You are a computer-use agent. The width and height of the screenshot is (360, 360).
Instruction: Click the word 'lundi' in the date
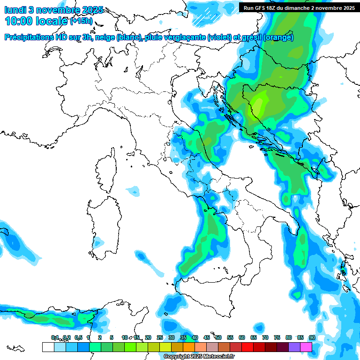pyautogui.click(x=15, y=9)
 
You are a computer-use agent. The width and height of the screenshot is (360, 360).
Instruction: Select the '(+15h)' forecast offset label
pyautogui.click(x=82, y=21)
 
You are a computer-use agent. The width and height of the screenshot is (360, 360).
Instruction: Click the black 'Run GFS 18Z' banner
pyautogui.click(x=299, y=7)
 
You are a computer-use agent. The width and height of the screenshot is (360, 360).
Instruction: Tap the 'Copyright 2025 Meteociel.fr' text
pyautogui.click(x=199, y=357)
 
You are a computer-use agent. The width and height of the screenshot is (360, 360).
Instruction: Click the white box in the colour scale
pyautogui.click(x=48, y=347)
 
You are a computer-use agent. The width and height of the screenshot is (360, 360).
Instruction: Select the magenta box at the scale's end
pyautogui.click(x=306, y=347)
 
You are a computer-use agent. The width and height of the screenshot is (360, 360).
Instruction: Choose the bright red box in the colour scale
pyautogui.click(x=247, y=347)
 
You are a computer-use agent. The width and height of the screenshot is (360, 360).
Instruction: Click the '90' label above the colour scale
pyautogui.click(x=312, y=337)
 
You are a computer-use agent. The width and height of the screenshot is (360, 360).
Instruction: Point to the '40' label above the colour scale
pyautogui.click(x=195, y=337)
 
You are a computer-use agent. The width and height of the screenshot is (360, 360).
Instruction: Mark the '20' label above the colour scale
pyautogui.click(x=148, y=337)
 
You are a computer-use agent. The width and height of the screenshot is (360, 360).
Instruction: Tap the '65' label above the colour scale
pyautogui.click(x=253, y=337)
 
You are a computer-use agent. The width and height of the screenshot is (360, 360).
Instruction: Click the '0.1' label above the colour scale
pyautogui.click(x=54, y=337)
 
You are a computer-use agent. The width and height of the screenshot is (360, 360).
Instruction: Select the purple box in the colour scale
pyautogui.click(x=294, y=347)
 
